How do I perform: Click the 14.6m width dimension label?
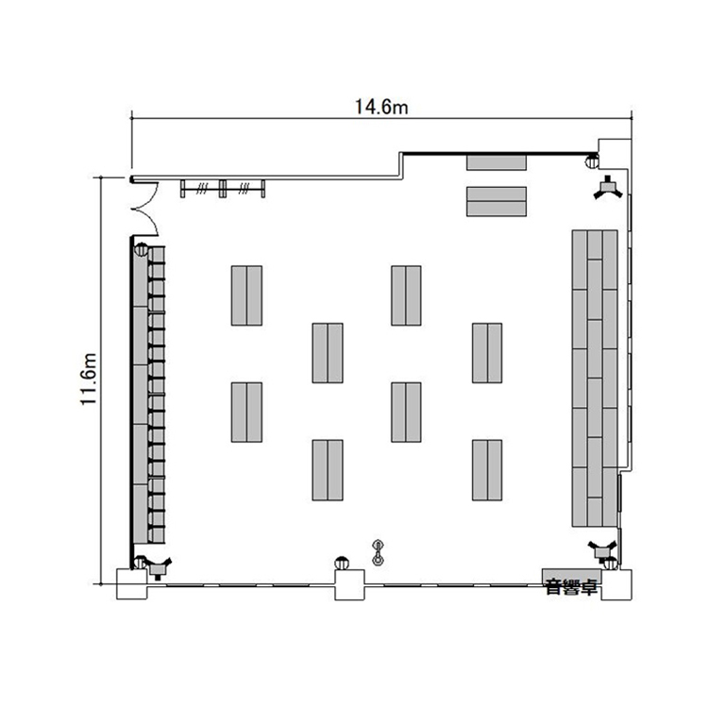381,107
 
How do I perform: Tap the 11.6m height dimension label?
89,379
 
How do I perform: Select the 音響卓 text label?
572,587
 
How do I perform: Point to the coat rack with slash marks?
223,188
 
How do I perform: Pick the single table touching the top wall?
497,162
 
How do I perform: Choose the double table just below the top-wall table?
497,201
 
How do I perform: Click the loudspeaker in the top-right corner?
608,187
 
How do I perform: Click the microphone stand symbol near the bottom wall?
378,552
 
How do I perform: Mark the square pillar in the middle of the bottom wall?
349,584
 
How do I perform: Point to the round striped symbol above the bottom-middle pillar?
342,564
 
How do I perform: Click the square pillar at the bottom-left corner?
132,584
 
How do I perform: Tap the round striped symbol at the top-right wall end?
592,160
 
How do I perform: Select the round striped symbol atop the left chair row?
141,249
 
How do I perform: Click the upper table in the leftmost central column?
246,295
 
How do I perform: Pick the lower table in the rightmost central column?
487,470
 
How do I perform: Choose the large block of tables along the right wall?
595,379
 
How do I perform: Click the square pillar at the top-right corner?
615,154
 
